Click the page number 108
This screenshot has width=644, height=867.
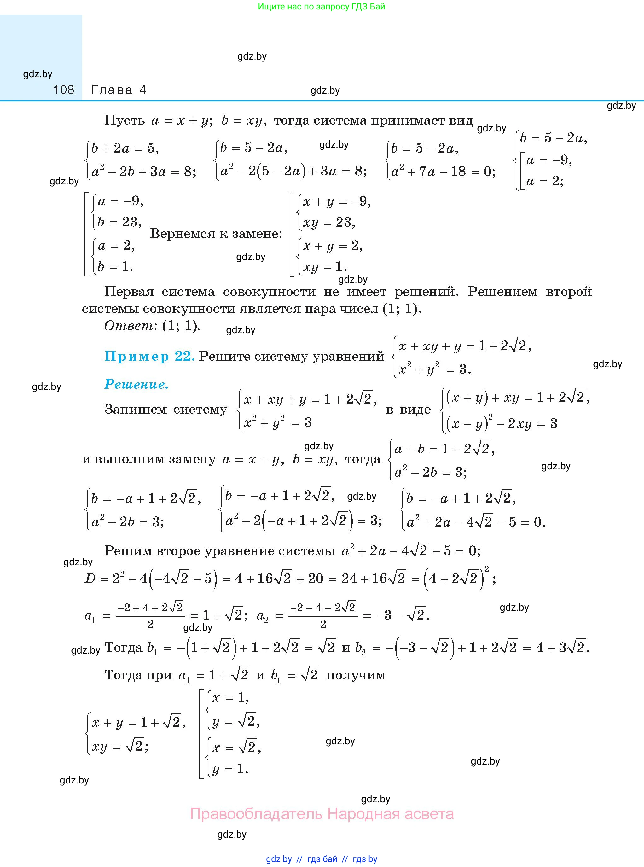pos(64,90)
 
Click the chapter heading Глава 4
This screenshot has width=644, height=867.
pos(119,90)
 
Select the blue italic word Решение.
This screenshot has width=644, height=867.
pos(136,385)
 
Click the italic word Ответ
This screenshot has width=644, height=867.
pos(129,326)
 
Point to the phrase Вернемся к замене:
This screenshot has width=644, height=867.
pos(216,234)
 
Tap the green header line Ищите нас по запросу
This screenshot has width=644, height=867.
pos(321,7)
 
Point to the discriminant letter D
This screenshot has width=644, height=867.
pos(90,579)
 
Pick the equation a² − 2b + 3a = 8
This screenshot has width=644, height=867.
pos(143,172)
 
